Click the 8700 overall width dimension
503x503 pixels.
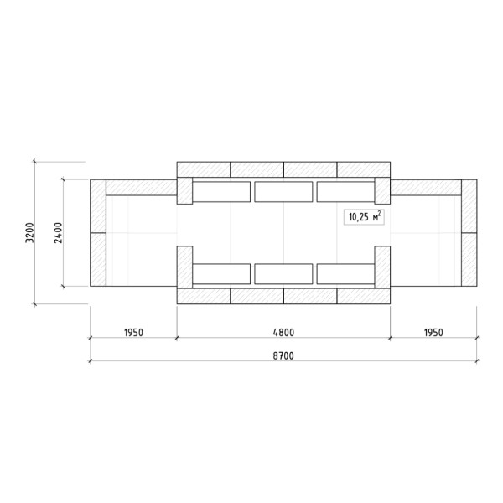283,355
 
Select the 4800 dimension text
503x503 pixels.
283,332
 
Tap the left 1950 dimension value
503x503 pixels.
133,332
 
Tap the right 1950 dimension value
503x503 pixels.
433,332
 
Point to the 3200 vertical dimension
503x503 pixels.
29,232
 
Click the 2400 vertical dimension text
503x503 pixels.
58,232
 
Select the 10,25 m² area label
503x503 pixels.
364,217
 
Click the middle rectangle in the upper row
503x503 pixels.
283,192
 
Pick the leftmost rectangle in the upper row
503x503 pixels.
221,192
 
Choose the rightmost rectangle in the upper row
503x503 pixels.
345,192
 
